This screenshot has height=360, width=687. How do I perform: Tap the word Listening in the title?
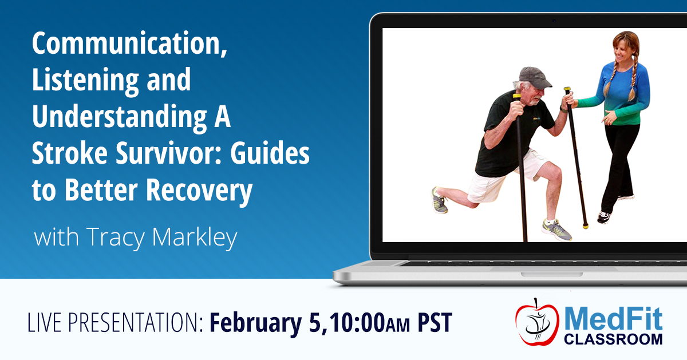tap(85, 80)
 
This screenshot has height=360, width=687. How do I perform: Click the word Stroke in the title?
tap(70, 153)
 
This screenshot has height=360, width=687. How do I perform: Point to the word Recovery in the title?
tap(199, 190)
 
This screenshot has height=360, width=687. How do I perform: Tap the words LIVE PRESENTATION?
tap(116, 323)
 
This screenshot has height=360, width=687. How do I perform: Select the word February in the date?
tap(255, 323)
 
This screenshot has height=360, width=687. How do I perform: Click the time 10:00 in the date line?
tap(355, 323)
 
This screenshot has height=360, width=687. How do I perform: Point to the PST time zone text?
tap(435, 323)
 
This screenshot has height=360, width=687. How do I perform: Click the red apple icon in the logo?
tap(537, 323)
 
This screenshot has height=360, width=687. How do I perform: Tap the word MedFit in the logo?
tap(613, 319)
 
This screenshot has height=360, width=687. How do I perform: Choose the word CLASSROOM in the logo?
tap(613, 339)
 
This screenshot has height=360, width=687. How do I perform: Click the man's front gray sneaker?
tap(556, 229)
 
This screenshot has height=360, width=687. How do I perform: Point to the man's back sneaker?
tap(440, 200)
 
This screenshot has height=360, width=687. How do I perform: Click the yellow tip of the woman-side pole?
tap(586, 226)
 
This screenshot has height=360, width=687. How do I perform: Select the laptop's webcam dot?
tap(554, 21)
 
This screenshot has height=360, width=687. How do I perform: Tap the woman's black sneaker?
tap(604, 217)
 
